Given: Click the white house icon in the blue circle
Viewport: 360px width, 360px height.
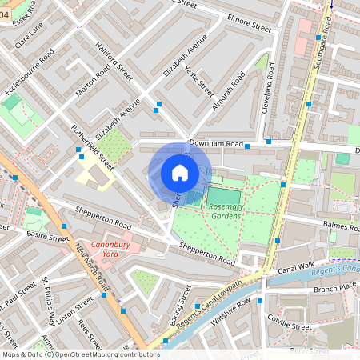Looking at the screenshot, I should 180,172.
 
